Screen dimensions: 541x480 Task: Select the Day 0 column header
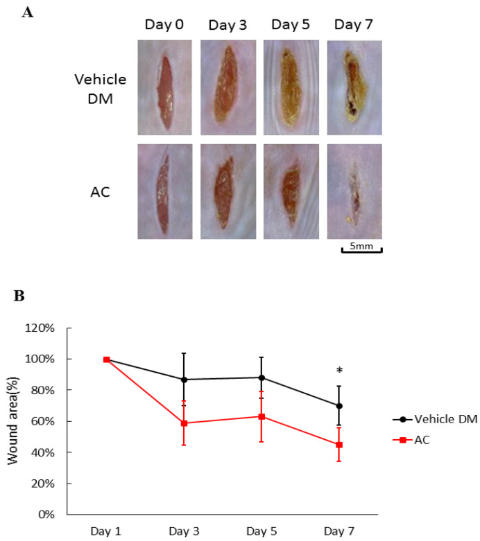tap(164, 25)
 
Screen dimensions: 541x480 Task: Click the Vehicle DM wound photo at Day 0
tap(164, 87)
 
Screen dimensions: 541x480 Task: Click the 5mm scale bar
tap(361, 247)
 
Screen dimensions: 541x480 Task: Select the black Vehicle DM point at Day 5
tap(262, 378)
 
